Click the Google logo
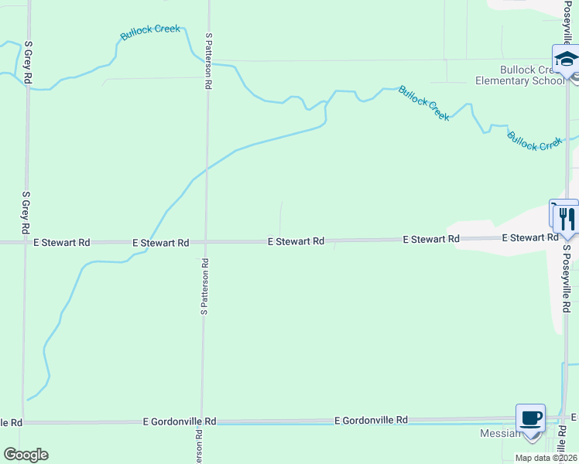click(26, 455)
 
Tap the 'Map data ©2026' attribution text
click(546, 458)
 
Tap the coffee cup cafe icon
click(531, 418)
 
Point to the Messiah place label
click(500, 433)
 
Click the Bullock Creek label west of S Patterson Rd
click(150, 32)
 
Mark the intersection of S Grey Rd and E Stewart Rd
click(26, 242)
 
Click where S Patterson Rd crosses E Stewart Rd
click(205, 242)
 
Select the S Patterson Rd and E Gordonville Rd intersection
click(201, 423)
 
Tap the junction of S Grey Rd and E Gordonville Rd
click(23, 423)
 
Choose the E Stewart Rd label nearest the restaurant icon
click(529, 238)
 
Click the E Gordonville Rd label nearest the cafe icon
click(371, 420)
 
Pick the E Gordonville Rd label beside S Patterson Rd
click(180, 422)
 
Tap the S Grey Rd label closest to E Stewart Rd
click(26, 213)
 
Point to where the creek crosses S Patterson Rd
click(206, 169)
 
